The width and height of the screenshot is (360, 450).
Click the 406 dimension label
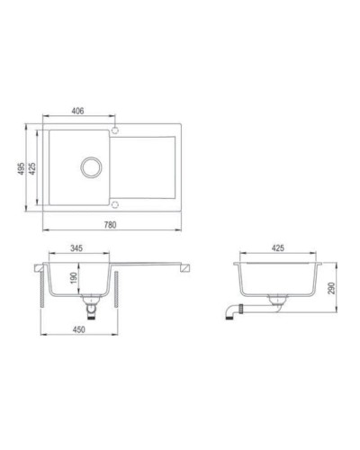(x=77, y=110)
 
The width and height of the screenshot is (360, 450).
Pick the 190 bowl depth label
(x=73, y=280)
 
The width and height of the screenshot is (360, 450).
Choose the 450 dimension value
(x=78, y=329)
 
